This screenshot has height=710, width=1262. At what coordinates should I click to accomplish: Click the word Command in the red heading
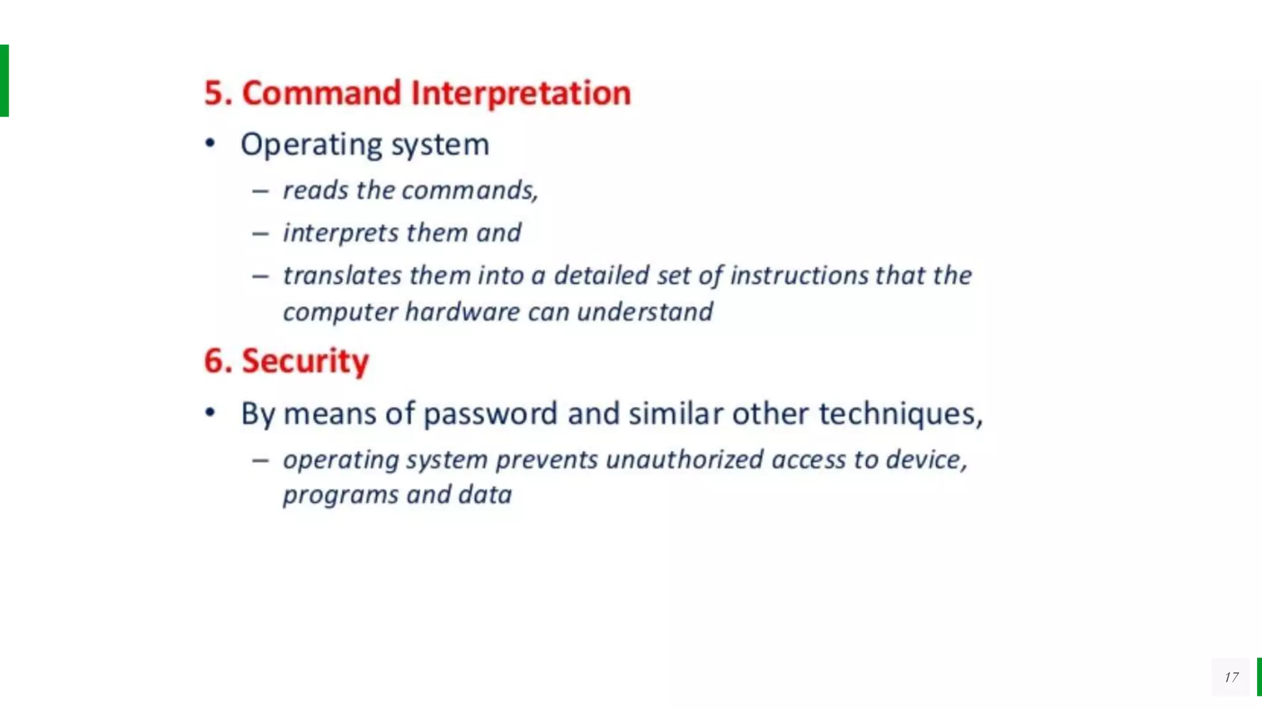321,93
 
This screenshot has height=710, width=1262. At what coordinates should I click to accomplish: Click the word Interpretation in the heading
521,93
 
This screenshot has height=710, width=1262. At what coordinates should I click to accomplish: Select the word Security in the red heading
305,361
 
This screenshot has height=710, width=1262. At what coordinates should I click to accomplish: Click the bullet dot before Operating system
210,144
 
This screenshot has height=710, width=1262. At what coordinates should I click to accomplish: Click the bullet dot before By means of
210,412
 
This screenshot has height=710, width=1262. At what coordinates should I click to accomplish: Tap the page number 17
1231,677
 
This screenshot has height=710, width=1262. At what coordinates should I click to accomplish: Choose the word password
491,414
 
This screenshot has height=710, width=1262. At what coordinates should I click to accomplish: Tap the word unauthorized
684,460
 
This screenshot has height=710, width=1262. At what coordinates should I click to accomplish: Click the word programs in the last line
340,496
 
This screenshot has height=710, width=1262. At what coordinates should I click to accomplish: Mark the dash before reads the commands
260,192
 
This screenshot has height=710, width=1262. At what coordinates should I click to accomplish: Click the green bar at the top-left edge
4,80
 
